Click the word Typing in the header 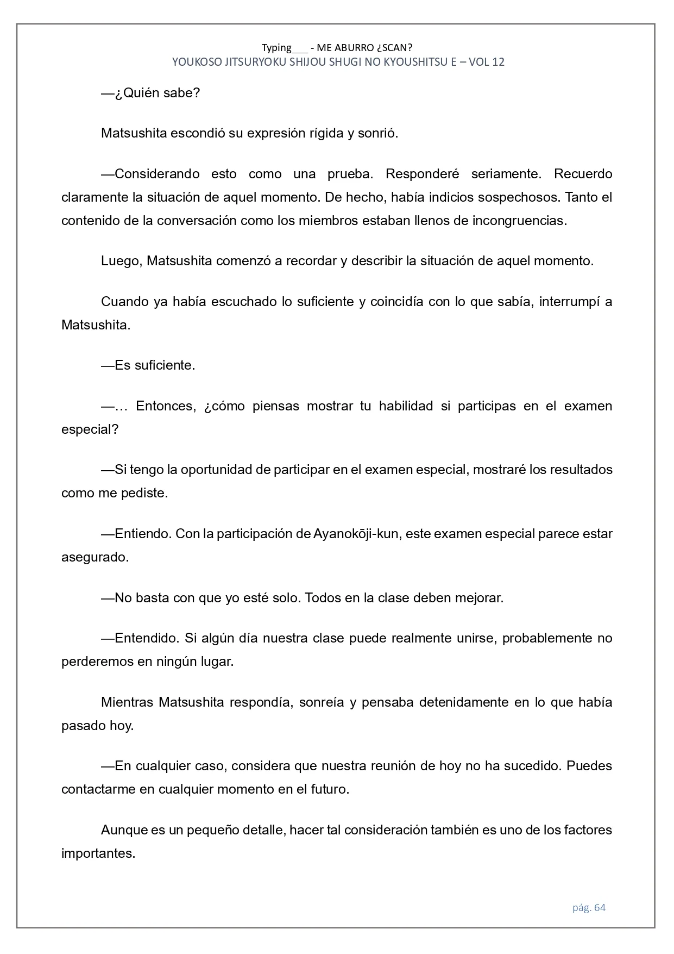coord(276,48)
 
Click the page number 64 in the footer coord(600,907)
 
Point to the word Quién coord(143,93)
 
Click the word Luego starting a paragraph coord(122,261)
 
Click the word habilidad coord(406,406)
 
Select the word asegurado coord(95,557)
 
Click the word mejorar coord(480,598)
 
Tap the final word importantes coord(98,853)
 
